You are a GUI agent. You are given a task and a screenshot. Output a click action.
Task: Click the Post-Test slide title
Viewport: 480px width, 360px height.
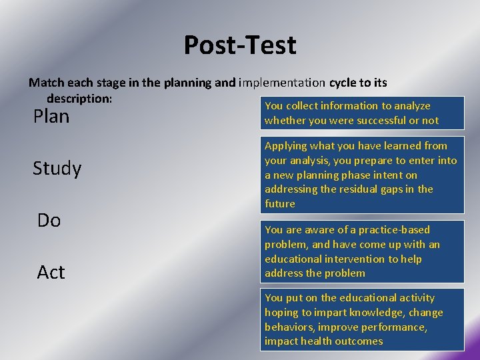point(240,45)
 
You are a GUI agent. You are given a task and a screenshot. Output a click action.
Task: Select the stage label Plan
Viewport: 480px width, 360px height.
point(51,117)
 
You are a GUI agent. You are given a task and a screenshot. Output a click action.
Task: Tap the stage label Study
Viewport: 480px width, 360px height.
point(57,169)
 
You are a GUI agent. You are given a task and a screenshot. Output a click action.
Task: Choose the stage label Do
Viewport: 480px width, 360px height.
point(49,221)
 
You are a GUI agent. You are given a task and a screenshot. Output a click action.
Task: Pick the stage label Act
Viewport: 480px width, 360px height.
point(51,272)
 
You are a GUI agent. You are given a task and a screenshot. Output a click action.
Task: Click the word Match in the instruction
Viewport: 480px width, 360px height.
point(45,83)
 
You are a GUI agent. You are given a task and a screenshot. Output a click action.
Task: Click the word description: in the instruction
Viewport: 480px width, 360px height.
point(79,98)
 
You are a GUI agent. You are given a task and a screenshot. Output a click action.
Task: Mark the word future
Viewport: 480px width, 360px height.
point(279,204)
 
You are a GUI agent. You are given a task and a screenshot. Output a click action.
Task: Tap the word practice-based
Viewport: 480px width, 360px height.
point(397,230)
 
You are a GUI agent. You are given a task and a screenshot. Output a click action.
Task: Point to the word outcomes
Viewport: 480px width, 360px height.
point(360,341)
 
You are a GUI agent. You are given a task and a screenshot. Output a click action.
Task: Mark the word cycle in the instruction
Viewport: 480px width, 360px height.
point(343,83)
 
